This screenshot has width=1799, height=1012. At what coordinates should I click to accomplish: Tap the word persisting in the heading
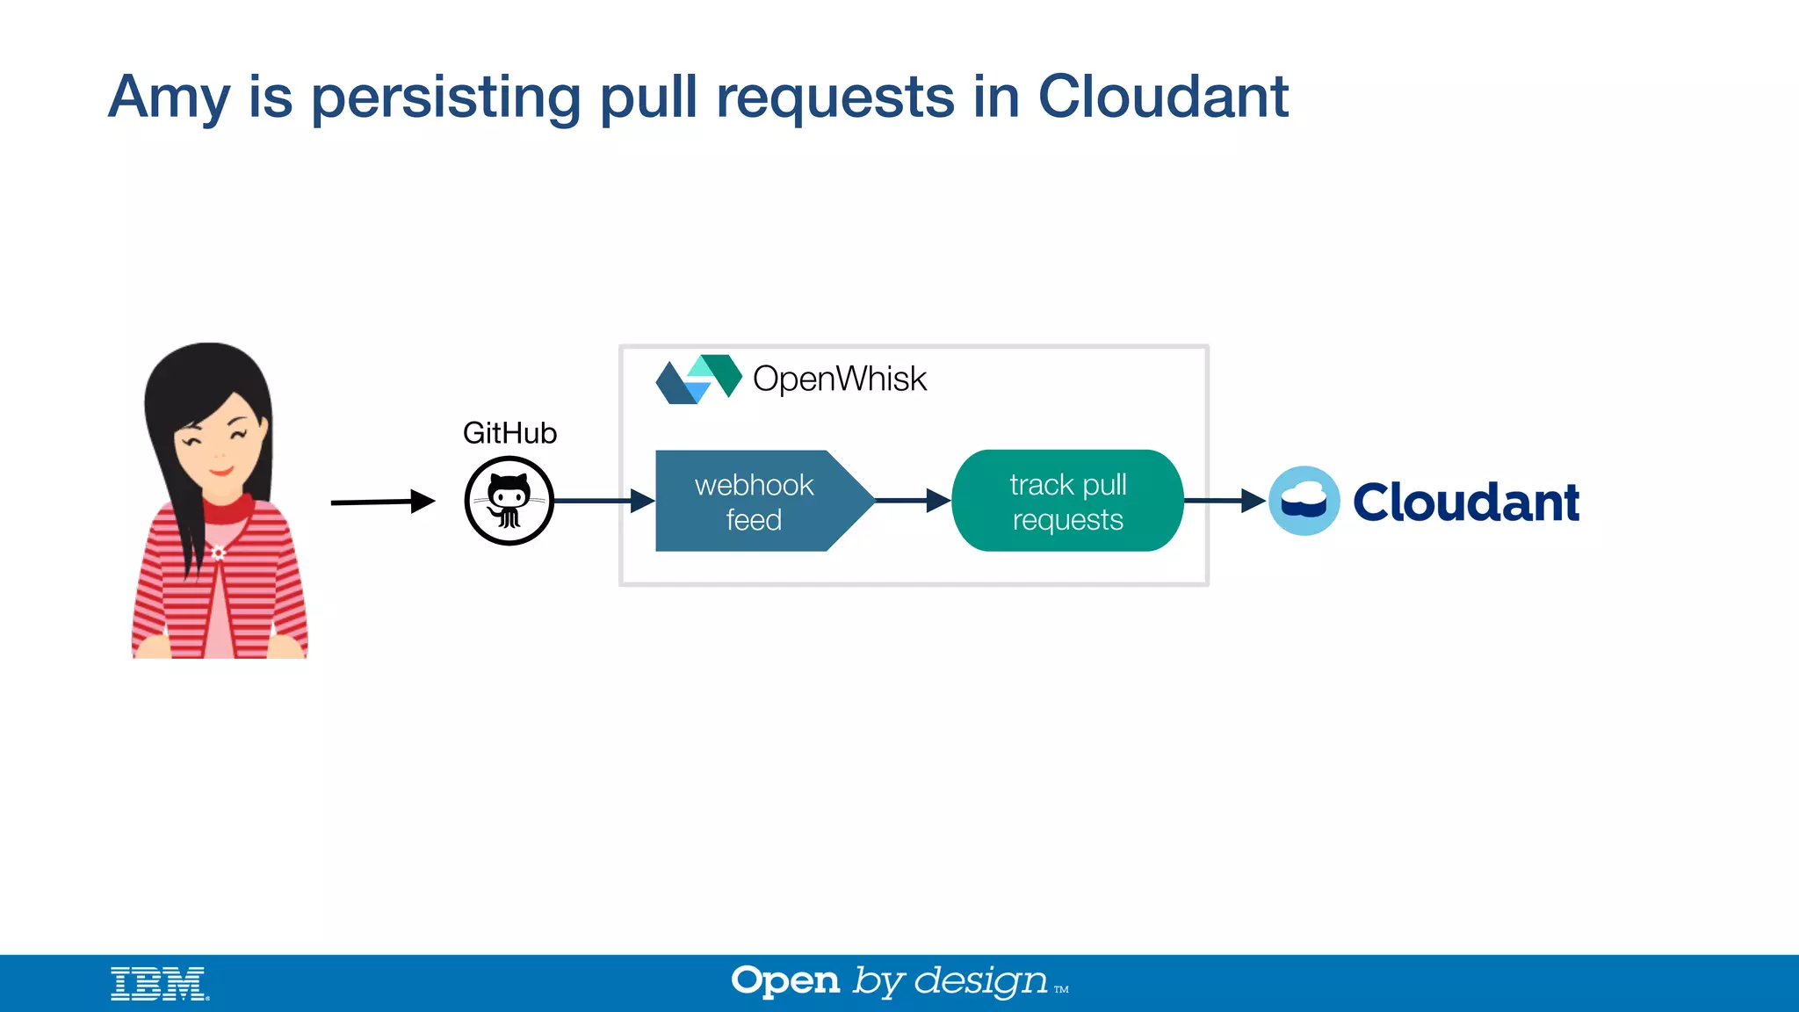point(445,97)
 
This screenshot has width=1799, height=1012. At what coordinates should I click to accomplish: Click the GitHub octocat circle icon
point(509,501)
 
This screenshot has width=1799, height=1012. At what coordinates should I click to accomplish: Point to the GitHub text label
point(509,433)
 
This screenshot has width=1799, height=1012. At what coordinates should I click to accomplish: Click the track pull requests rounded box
point(1067,502)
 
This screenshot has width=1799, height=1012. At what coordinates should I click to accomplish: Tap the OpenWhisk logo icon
point(699,379)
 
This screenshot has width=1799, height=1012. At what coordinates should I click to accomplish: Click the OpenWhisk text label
point(839,379)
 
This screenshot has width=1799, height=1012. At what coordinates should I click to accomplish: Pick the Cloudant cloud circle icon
point(1304,501)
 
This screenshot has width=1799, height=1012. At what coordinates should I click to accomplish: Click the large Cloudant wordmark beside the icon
point(1465,502)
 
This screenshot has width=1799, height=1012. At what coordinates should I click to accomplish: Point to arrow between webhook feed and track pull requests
point(913,501)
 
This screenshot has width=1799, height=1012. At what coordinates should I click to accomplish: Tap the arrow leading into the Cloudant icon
point(1225,501)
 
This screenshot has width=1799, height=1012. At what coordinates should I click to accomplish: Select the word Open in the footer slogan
point(785,980)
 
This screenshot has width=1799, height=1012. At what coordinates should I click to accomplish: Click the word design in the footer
point(980,981)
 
